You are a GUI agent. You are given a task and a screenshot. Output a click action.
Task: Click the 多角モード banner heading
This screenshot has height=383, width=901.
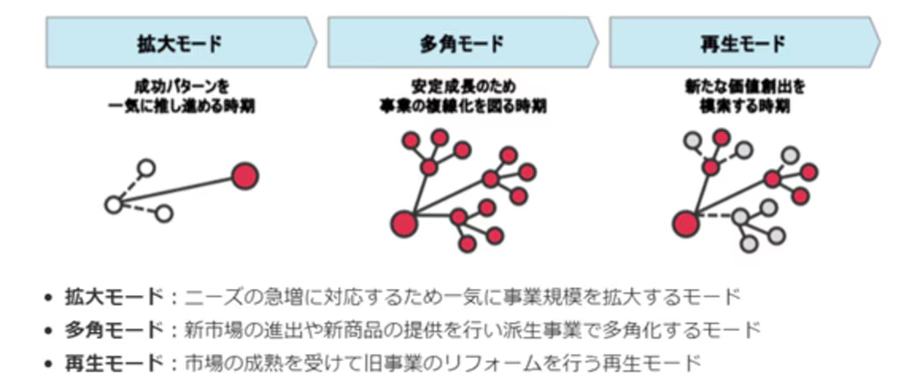pos(462,42)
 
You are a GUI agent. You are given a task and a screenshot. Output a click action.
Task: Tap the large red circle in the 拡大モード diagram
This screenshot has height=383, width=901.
pos(245,176)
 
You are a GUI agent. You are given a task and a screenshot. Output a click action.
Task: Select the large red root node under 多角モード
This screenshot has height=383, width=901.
pos(403,222)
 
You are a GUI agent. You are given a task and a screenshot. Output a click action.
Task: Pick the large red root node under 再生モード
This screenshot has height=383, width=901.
pos(684,222)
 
